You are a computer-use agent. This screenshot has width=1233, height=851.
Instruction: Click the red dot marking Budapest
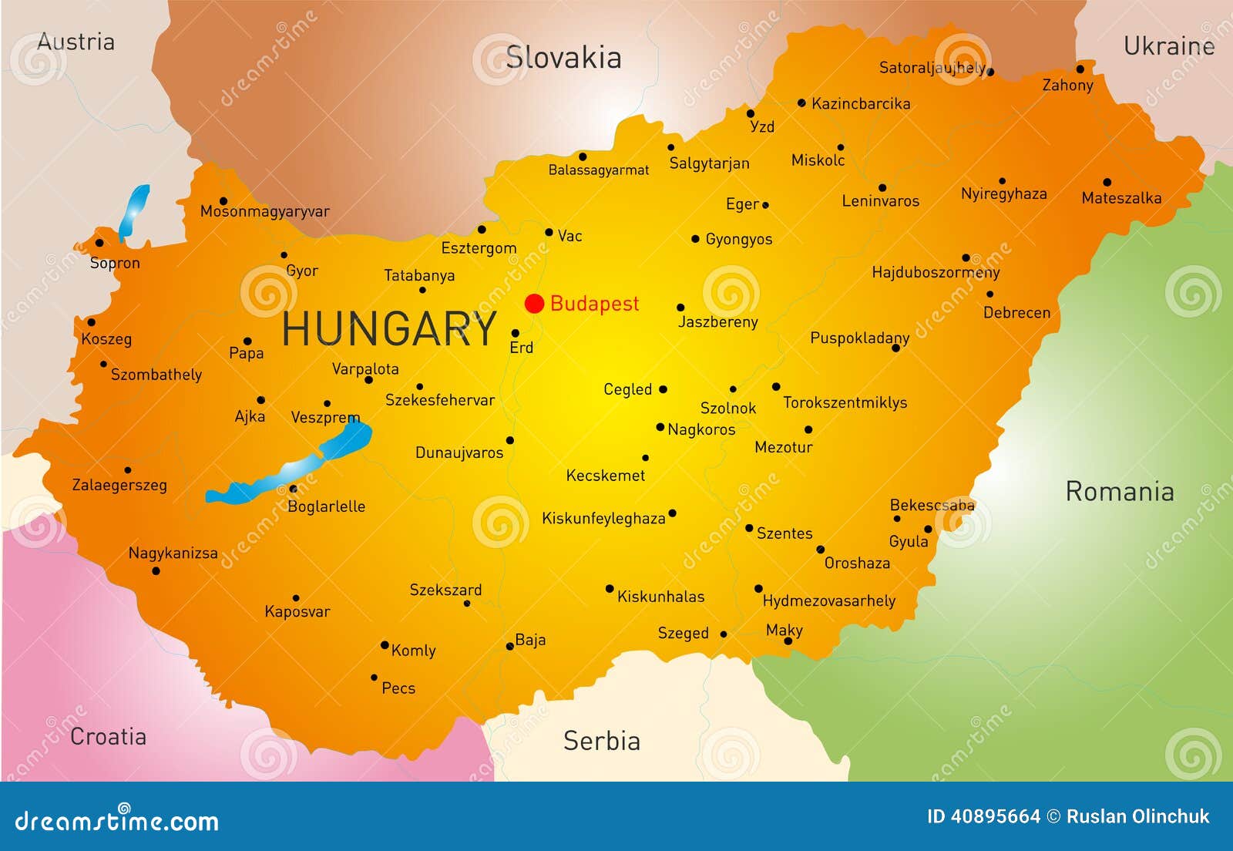pos(534,304)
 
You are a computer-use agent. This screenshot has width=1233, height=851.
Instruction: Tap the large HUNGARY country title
pos(389,329)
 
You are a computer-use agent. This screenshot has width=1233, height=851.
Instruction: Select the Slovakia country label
pos(563,58)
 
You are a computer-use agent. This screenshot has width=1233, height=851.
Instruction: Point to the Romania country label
pos(1119,491)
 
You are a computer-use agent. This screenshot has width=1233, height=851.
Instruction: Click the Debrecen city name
pos(1016,312)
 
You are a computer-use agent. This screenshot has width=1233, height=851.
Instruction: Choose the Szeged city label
pos(683,633)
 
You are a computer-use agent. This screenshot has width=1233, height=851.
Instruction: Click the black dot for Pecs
pos(375,678)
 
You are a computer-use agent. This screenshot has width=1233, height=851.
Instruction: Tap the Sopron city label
pos(115,263)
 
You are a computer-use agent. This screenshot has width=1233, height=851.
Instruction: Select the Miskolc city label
pos(818,160)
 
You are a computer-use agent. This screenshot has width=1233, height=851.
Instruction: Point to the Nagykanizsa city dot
pos(156,571)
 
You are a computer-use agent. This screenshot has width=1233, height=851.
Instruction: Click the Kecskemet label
pos(605,476)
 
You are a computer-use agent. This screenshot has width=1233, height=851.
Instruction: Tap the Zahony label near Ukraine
pos(1067,85)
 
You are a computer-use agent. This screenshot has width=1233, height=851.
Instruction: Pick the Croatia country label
pos(108,736)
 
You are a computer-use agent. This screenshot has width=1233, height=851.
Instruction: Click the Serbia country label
pos(601,741)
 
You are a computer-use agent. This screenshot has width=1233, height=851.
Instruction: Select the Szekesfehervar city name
pos(439,400)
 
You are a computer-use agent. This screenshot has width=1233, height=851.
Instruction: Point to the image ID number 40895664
pos(995,816)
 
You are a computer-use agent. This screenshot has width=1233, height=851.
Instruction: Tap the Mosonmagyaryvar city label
pos(264,211)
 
